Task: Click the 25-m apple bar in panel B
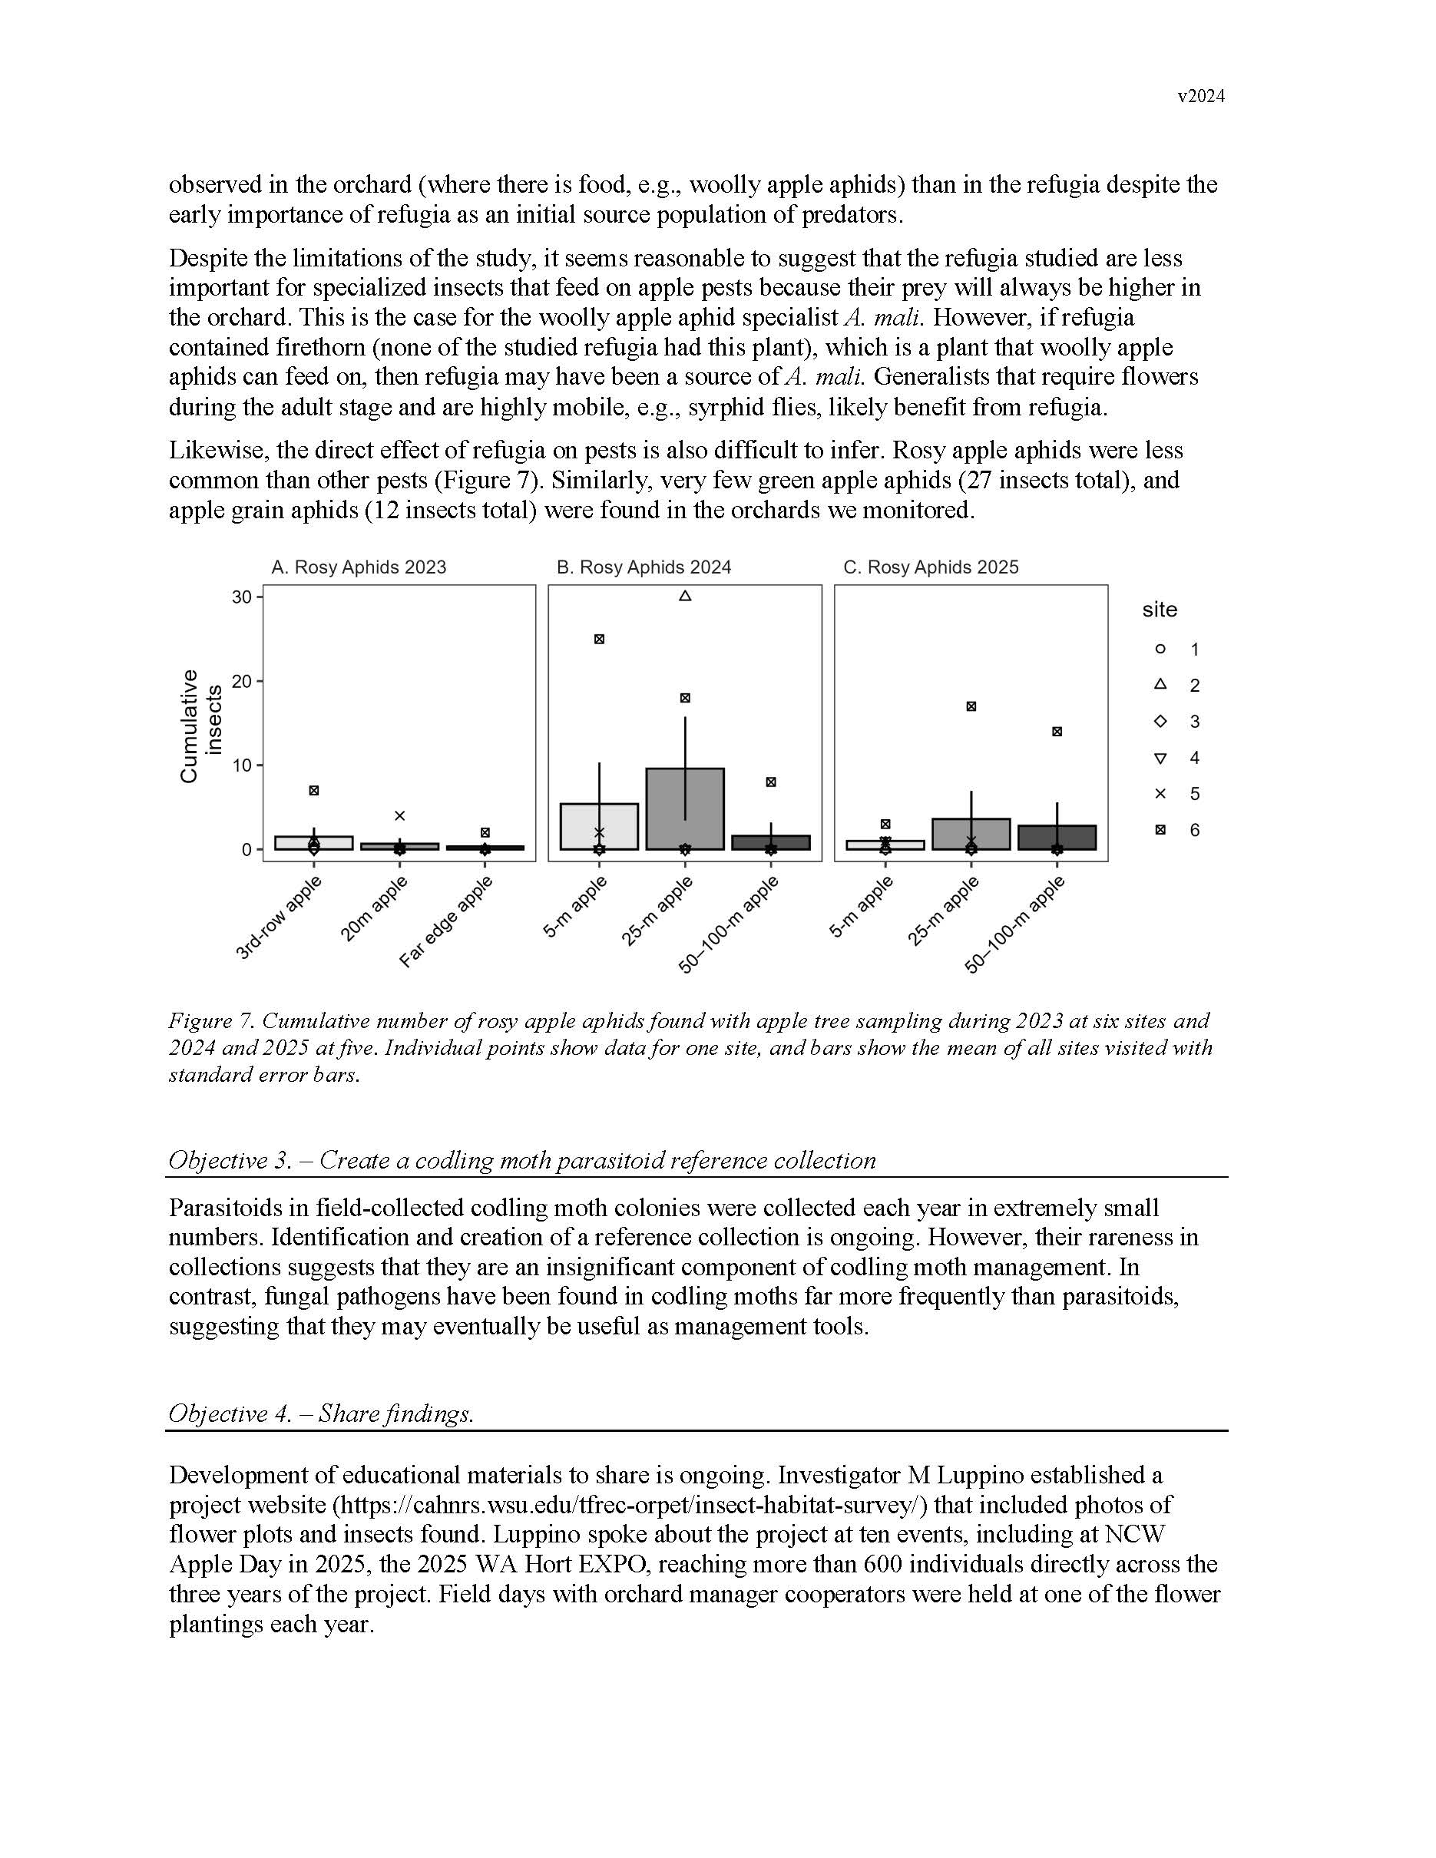[685, 809]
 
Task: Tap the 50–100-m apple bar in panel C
[1057, 838]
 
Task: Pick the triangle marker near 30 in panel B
[685, 597]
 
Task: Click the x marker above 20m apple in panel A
[400, 816]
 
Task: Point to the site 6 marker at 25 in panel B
[599, 639]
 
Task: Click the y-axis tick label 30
[242, 597]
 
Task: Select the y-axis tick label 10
[242, 765]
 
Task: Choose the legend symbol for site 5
[1160, 794]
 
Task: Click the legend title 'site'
[1160, 610]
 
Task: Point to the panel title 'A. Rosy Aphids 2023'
[358, 567]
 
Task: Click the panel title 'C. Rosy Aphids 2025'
[931, 567]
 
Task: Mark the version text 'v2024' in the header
[1200, 97]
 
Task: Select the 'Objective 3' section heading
[521, 1160]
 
